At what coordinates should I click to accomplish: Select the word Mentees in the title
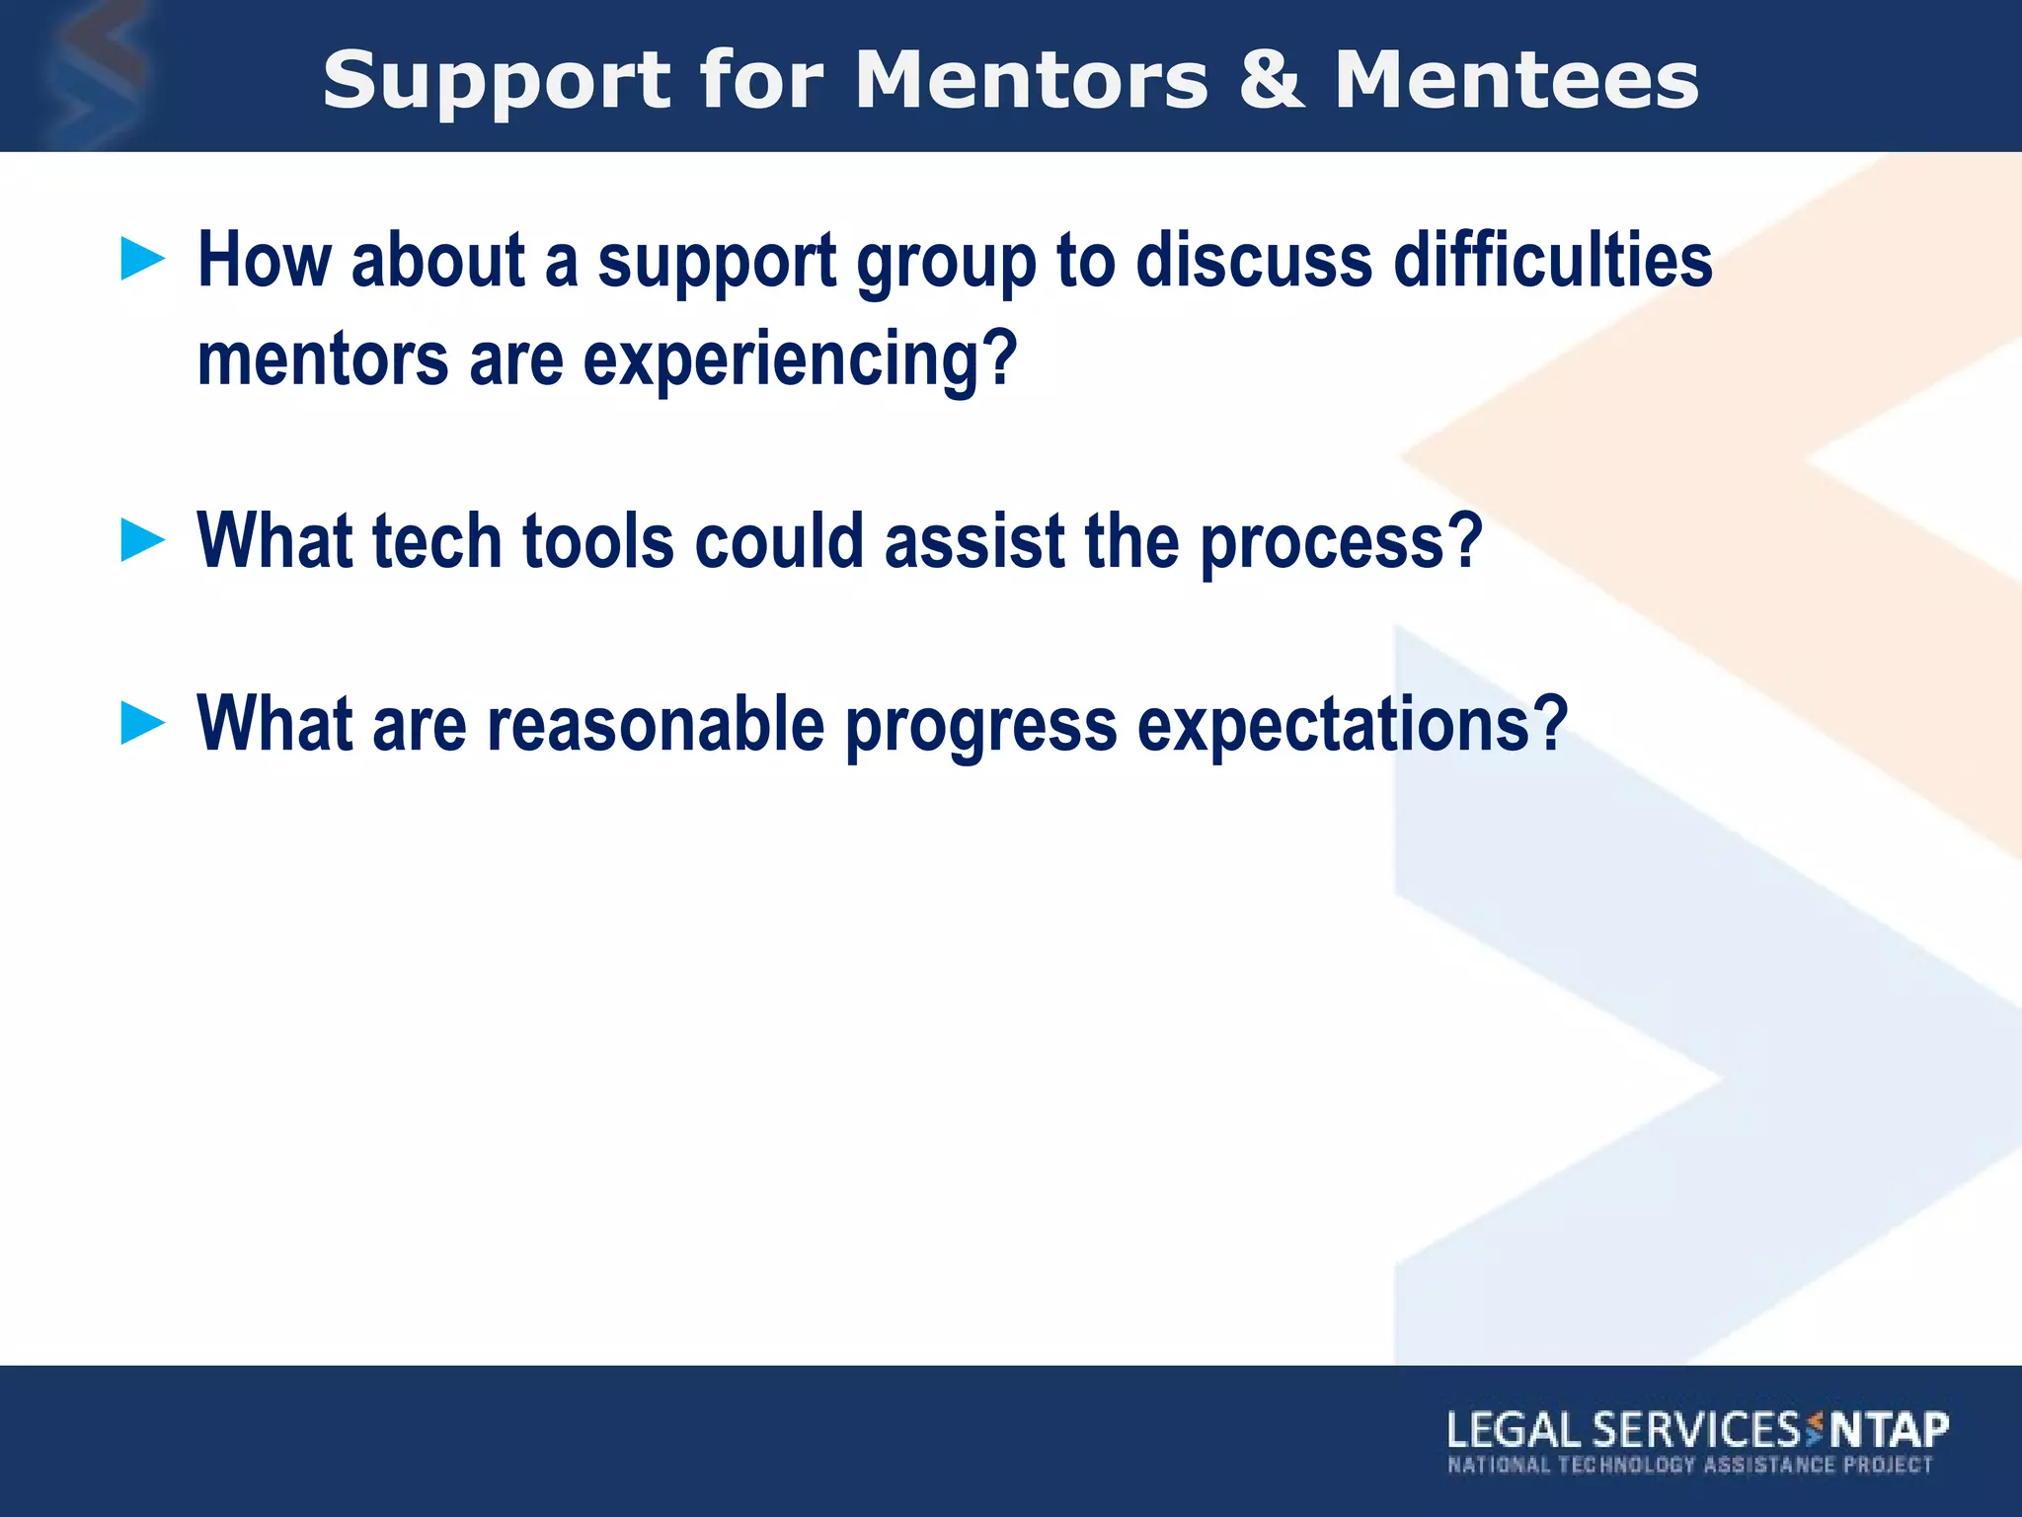tap(1516, 81)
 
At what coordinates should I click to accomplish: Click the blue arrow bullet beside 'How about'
tap(143, 260)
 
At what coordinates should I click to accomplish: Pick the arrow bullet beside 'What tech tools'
tap(143, 541)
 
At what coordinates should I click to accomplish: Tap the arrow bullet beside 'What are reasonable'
tap(143, 723)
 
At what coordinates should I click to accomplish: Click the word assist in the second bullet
tap(973, 541)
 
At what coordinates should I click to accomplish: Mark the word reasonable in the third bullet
tap(656, 725)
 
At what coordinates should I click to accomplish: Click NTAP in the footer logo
tap(1890, 1430)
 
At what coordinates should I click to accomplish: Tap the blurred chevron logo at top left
tap(94, 74)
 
